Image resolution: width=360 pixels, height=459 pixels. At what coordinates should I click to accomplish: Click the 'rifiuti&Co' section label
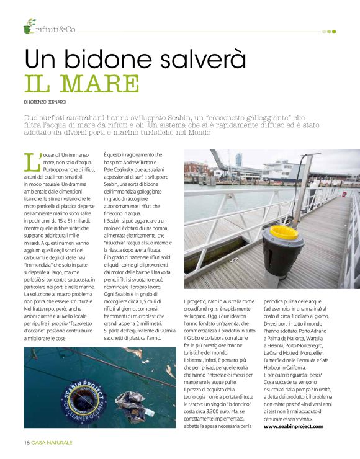click(x=56, y=29)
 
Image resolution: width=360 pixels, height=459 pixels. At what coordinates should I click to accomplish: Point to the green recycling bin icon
click(x=29, y=27)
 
